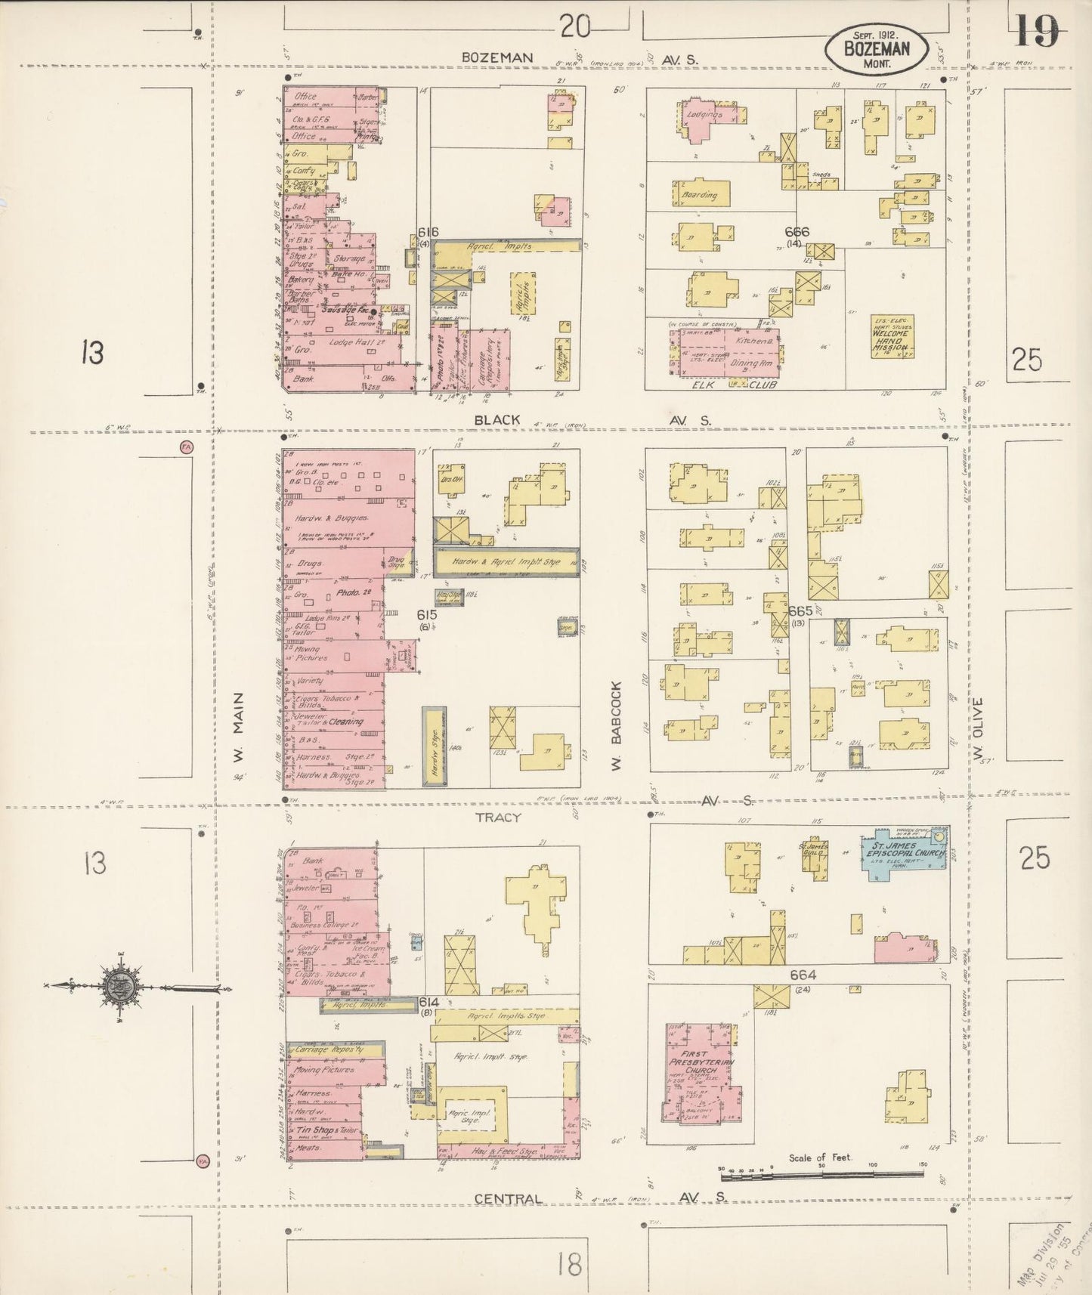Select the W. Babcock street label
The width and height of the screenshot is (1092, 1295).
615,719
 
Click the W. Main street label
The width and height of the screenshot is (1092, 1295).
239,730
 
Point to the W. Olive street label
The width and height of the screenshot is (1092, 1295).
978,728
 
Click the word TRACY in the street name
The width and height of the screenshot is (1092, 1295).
498,817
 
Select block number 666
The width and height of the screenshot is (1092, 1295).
797,232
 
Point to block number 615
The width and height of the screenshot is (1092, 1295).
428,615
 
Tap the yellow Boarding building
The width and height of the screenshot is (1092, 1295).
700,194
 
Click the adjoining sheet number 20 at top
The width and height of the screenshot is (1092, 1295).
576,27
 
